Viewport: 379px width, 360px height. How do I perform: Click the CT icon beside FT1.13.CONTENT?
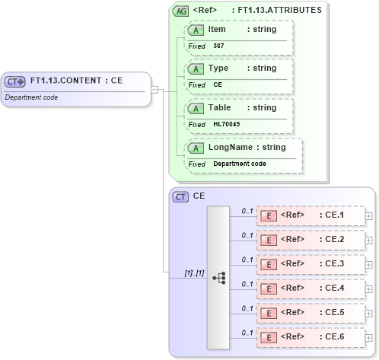point(15,81)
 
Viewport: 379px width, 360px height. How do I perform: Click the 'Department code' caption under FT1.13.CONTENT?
point(31,97)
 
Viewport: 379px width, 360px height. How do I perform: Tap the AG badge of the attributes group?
point(181,11)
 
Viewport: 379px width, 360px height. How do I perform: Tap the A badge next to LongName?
point(196,147)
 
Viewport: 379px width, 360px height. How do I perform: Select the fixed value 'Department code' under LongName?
point(240,164)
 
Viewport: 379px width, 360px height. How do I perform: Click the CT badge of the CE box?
point(181,196)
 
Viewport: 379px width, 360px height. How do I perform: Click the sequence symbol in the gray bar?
point(218,278)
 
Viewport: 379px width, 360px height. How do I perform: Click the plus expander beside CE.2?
point(369,241)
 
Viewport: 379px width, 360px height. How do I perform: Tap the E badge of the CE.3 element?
point(269,264)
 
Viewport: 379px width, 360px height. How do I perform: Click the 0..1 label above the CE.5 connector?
point(247,308)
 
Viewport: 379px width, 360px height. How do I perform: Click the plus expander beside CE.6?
point(369,337)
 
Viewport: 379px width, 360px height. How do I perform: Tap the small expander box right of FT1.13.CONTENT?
point(154,89)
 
